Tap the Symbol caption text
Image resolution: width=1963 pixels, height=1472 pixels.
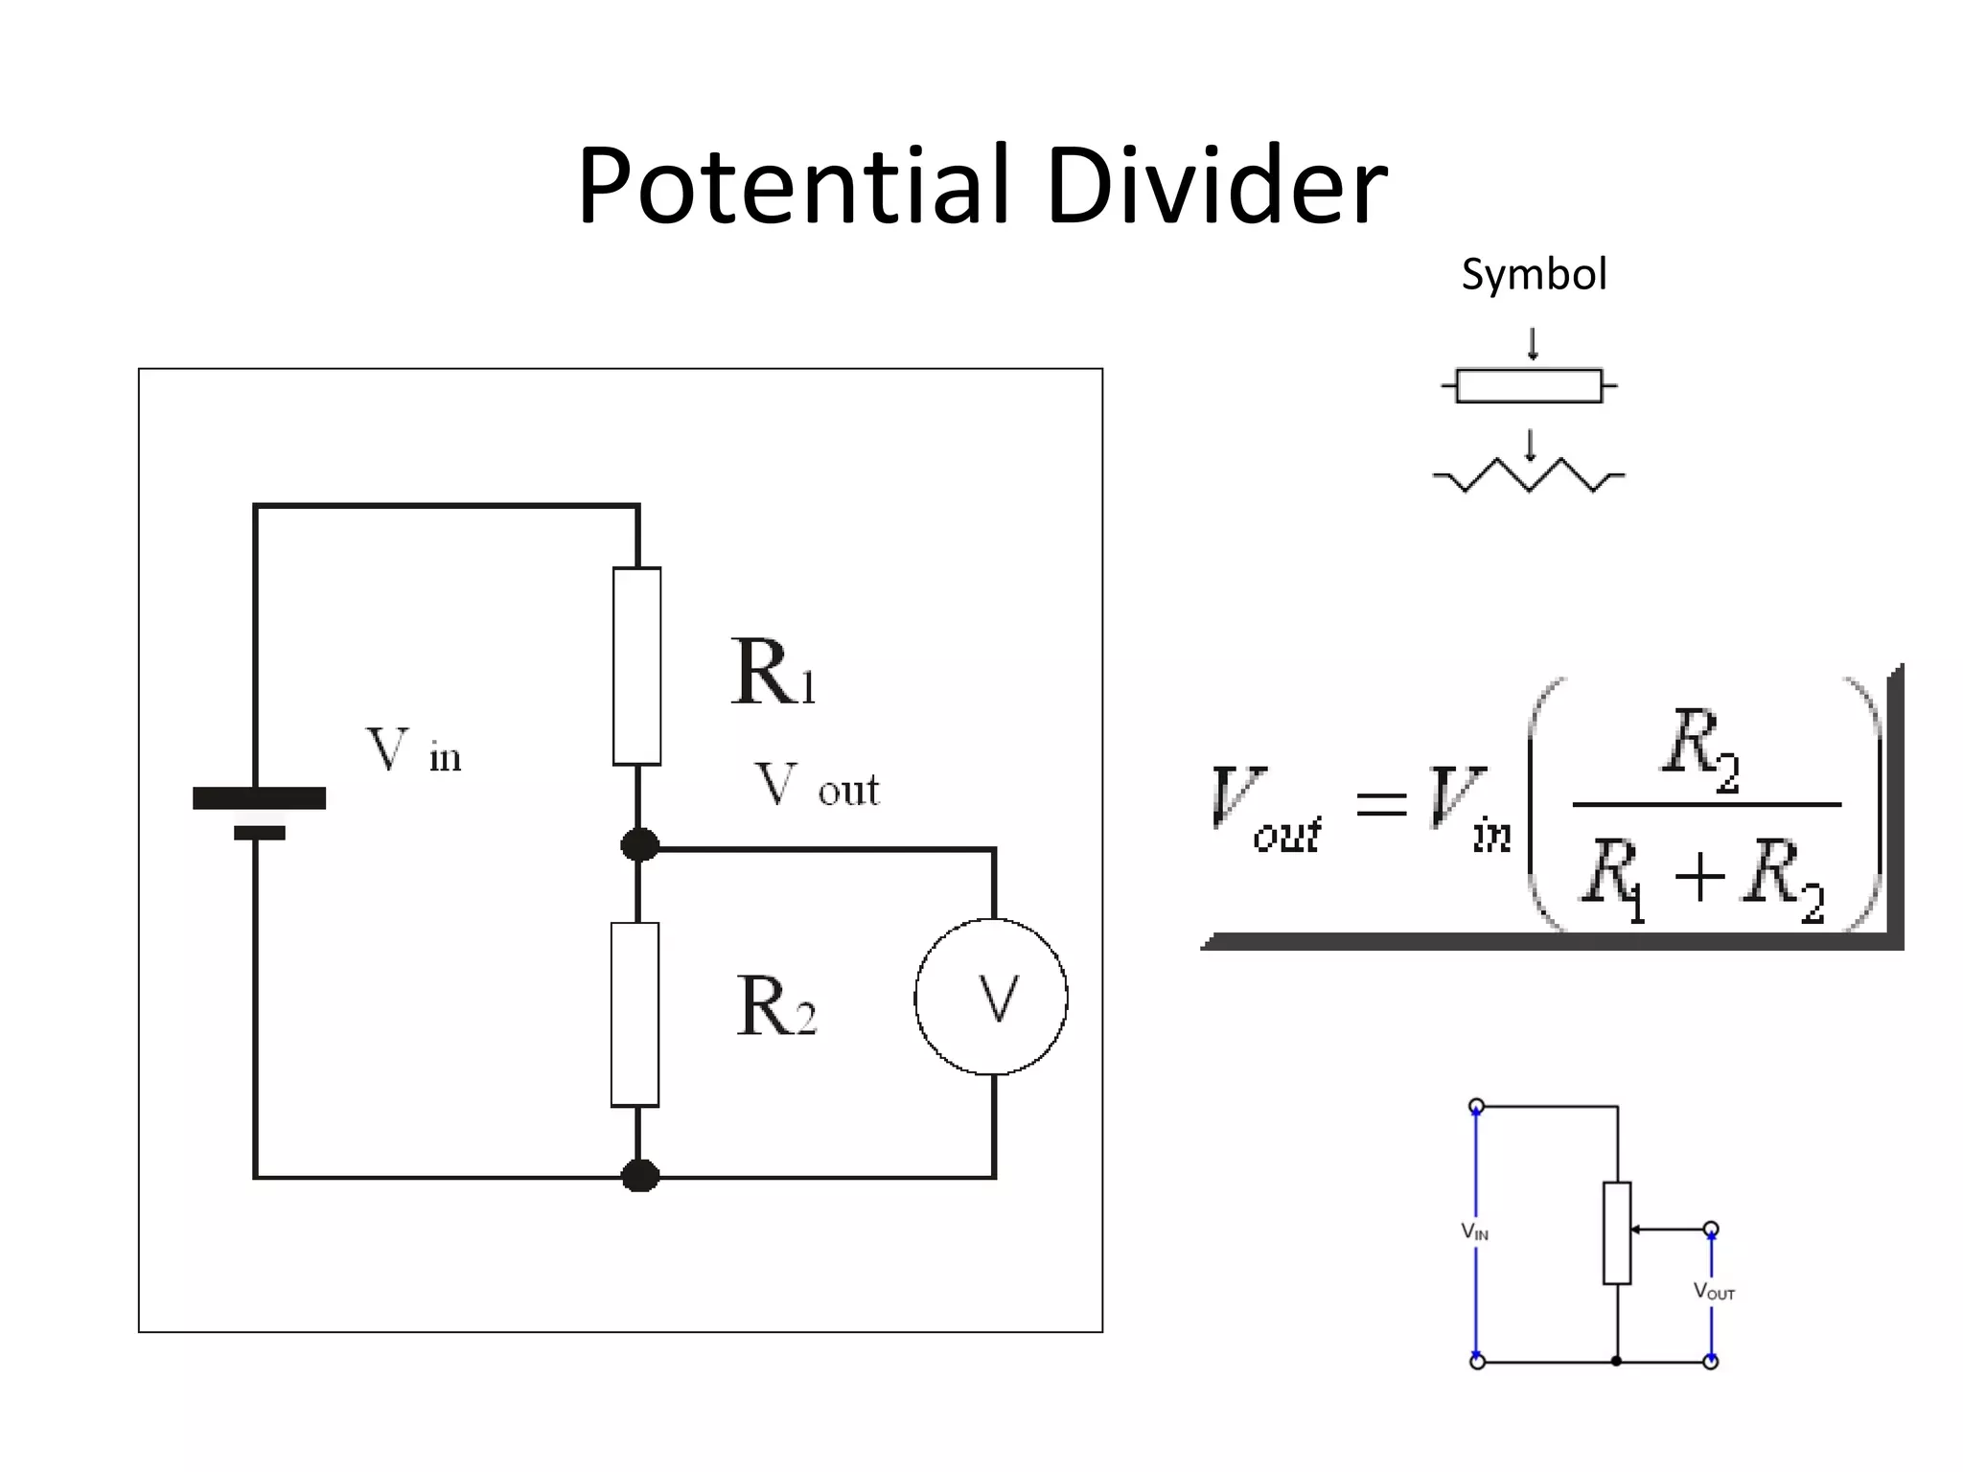(x=1534, y=275)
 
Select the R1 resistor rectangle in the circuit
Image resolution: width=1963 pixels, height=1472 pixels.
(x=637, y=666)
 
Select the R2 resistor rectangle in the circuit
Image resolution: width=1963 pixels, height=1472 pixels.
(x=635, y=1014)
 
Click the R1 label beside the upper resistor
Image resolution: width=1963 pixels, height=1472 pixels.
(x=773, y=673)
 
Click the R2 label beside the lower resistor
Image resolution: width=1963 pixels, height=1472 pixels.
(x=775, y=1006)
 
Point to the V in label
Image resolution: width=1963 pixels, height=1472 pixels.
(x=413, y=751)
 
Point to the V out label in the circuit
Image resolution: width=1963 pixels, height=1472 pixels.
(x=816, y=785)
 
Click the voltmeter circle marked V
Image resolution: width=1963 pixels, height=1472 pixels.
(x=991, y=997)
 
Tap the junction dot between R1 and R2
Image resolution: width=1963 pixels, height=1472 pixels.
(x=640, y=845)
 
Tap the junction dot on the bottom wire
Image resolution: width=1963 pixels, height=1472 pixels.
(x=640, y=1176)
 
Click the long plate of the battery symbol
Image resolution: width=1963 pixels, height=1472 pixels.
(x=259, y=797)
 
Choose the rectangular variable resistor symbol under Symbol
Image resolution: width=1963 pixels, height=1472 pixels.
(x=1529, y=386)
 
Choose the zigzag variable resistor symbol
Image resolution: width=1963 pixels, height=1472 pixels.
(x=1529, y=474)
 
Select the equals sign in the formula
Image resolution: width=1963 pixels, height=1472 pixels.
(x=1381, y=803)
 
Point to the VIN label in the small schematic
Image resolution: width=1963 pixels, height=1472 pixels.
(x=1474, y=1231)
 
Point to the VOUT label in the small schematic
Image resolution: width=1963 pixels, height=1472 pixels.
(x=1714, y=1292)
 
